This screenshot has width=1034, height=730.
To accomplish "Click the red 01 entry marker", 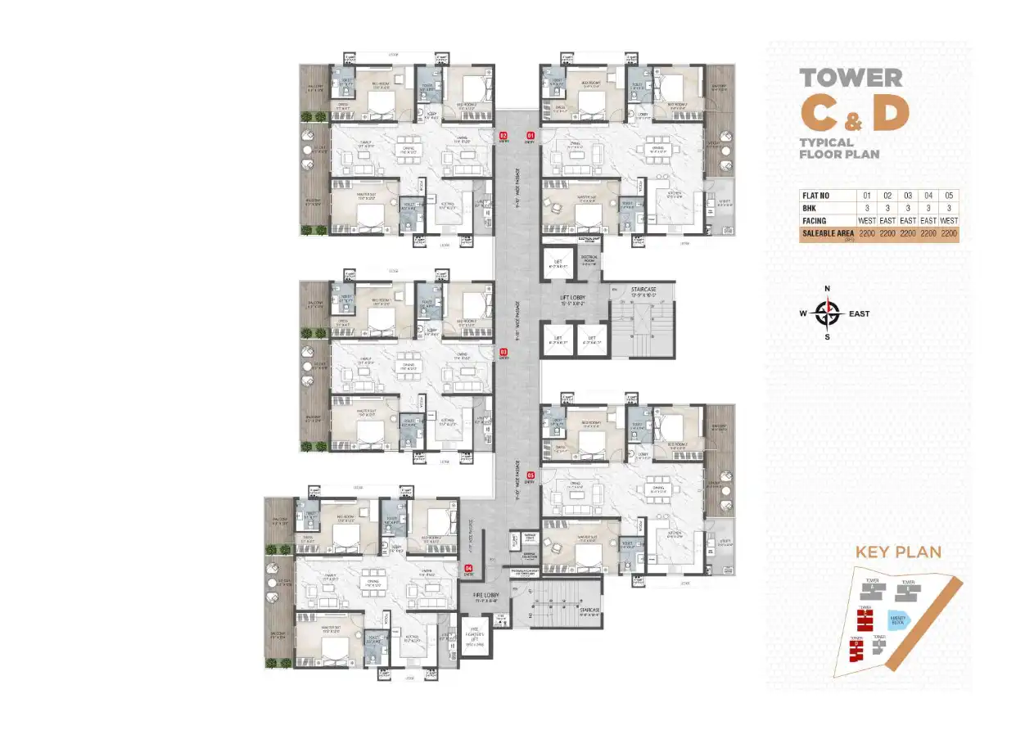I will pos(530,135).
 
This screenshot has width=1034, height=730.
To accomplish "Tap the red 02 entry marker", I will pos(503,135).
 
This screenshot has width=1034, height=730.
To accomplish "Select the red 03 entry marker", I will pos(503,353).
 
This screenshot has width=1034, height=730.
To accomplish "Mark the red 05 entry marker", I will pos(531,475).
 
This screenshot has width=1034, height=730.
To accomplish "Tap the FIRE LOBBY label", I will pos(490,596).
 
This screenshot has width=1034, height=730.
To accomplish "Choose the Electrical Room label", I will pos(589,259).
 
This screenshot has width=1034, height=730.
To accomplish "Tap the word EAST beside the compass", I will pos(859,313).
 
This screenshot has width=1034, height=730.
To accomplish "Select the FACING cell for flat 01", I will pos(866,221).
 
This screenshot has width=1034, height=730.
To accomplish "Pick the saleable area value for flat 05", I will pos(948,234).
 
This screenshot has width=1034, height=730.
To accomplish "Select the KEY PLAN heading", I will pos(898,552).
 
